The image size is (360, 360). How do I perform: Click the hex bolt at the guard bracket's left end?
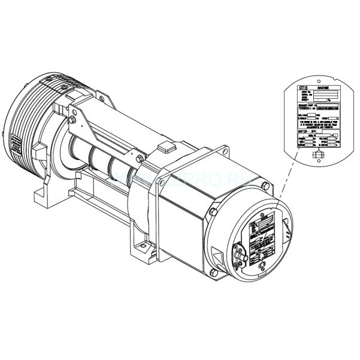pos(73,120)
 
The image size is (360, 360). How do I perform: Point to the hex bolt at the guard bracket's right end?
pos(139,159)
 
